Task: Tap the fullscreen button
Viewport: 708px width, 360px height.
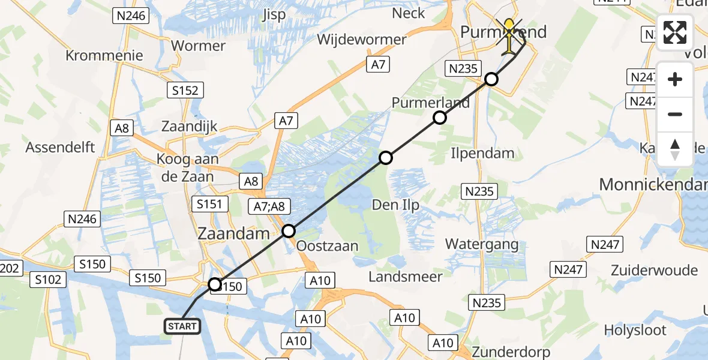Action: point(675,32)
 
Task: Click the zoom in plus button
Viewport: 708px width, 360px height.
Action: point(675,79)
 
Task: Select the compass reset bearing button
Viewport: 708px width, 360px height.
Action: point(675,149)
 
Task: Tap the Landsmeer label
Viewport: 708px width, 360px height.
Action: point(406,277)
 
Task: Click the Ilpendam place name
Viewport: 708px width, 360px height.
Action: point(482,153)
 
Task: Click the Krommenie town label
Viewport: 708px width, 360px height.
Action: point(104,56)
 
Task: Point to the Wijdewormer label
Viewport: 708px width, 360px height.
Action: point(361,40)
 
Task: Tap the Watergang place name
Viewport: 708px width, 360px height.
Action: point(482,244)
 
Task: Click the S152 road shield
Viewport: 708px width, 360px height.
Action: point(185,90)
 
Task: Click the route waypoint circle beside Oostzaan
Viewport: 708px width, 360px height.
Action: point(289,231)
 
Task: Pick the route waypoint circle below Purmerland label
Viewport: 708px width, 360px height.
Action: point(440,118)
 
